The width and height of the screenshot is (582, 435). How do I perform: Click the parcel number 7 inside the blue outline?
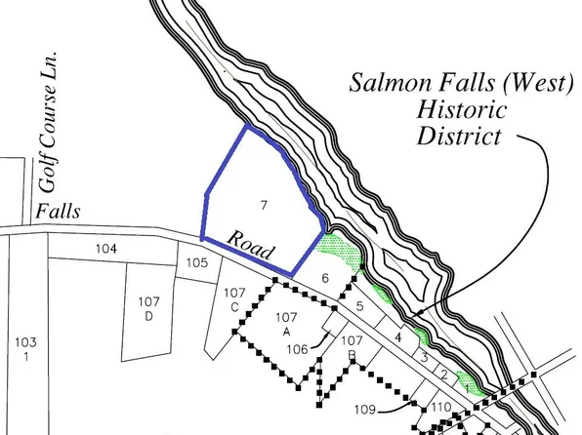(263, 204)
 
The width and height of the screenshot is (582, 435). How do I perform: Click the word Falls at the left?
(56, 212)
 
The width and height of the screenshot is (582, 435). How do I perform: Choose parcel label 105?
(197, 262)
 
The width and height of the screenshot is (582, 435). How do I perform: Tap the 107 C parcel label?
(234, 299)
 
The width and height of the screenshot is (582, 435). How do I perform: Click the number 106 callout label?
(297, 348)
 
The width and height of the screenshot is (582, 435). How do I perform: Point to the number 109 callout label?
(364, 409)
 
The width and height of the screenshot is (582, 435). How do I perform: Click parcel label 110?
(440, 407)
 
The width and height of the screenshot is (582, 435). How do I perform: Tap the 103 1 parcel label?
(25, 348)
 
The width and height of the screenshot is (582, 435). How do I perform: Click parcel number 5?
(359, 307)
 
